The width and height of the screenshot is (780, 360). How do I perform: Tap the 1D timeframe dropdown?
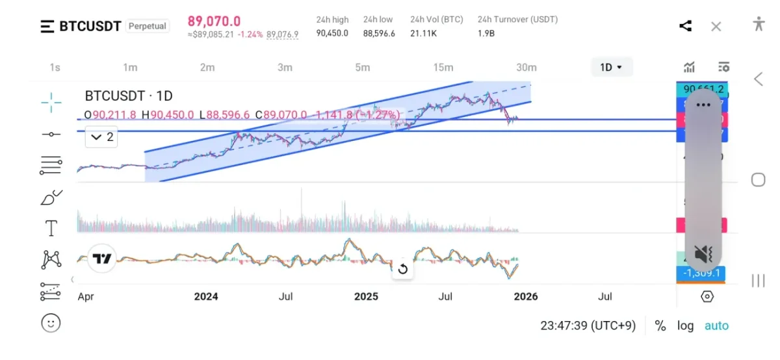611,67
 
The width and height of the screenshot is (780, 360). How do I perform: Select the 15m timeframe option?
443,67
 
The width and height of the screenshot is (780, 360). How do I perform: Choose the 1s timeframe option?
55,67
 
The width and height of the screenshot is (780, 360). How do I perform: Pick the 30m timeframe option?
526,67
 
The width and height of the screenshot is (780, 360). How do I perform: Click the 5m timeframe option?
362,67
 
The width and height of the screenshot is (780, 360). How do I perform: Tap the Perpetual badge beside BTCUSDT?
147,26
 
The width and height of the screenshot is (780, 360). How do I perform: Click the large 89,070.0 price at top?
214,21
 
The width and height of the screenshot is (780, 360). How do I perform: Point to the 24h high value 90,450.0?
332,33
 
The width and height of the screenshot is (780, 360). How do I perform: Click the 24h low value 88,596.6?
379,33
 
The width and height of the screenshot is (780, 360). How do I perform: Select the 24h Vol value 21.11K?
423,33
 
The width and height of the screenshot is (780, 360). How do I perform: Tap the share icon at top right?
685,26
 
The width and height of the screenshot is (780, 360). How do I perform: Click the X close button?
716,26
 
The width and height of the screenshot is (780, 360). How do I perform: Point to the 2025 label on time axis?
366,296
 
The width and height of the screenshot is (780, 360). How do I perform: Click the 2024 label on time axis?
206,296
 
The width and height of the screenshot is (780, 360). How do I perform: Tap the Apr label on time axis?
86,296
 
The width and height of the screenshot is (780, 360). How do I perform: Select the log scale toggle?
685,326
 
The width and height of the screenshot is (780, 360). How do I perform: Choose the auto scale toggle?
716,326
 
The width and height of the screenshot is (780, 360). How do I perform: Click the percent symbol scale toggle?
660,326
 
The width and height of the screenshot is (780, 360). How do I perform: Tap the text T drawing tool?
51,228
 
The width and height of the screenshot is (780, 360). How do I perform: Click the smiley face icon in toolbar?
51,322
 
